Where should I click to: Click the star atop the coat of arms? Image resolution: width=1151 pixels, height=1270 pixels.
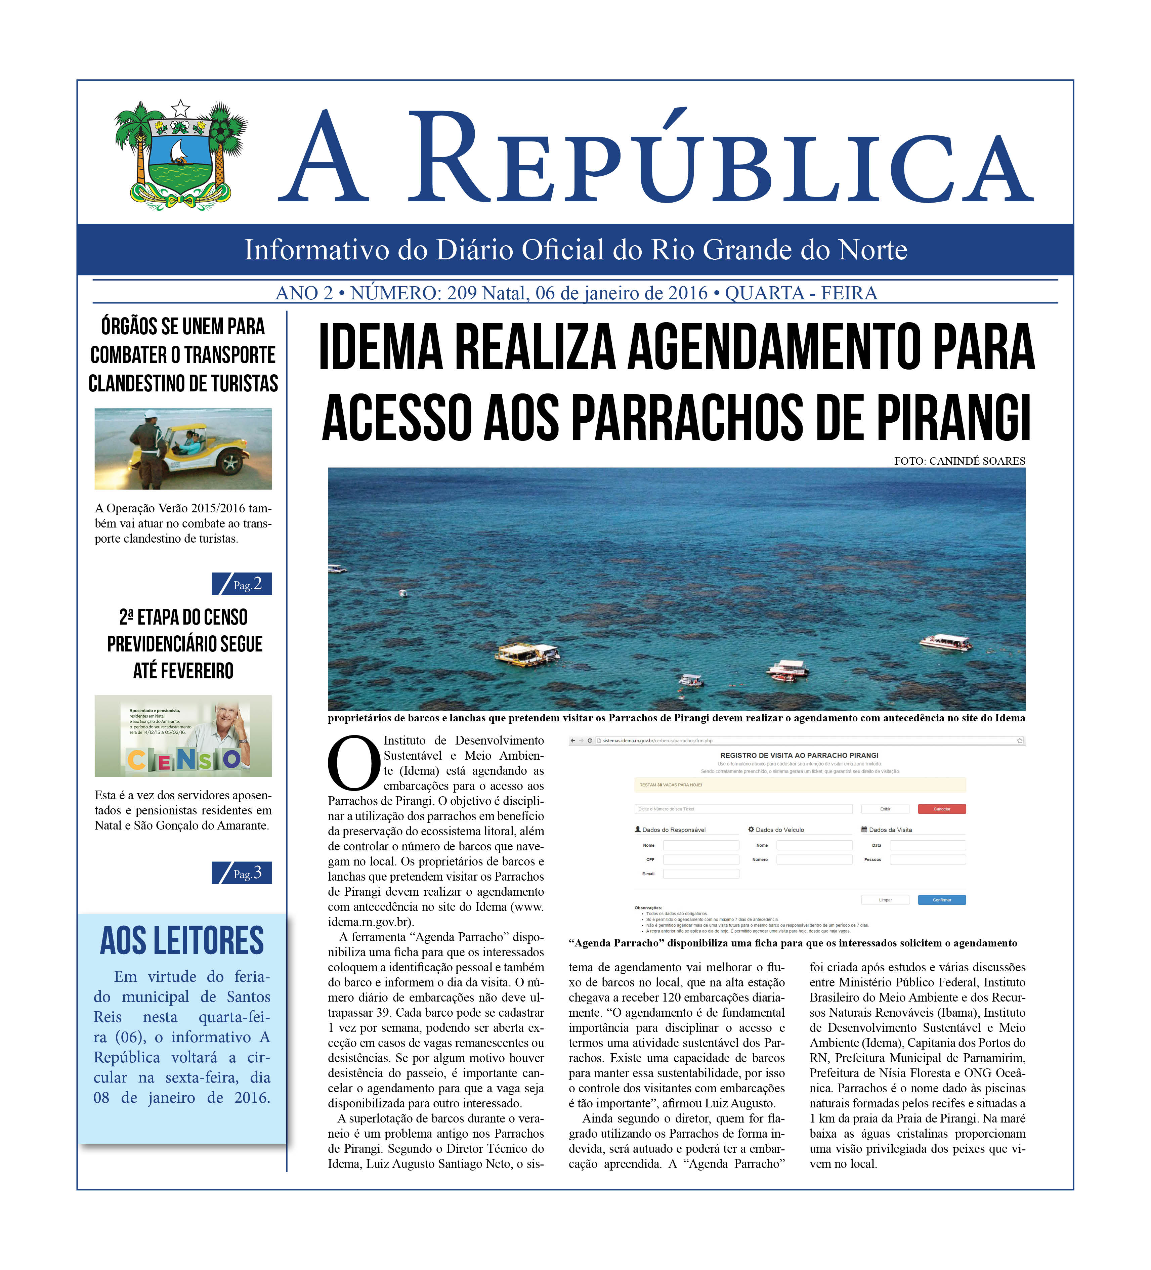coord(181,108)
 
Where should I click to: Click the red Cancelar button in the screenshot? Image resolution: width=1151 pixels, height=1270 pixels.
coord(941,809)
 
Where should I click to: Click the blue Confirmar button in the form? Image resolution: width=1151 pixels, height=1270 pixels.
coord(941,900)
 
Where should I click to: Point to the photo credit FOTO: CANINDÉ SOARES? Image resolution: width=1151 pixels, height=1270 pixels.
coord(959,461)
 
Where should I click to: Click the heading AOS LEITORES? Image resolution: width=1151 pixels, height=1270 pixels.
coord(182,941)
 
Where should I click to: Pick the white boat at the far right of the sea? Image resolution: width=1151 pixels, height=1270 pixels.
coord(944,642)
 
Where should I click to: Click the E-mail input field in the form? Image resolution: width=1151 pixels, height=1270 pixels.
coord(700,874)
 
